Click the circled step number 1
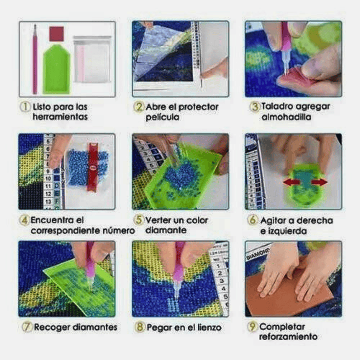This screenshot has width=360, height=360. pos(25,107)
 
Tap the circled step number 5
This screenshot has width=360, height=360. pos(139,220)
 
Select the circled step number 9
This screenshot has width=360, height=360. pos(252,326)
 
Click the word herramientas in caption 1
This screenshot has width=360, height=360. pos(60,117)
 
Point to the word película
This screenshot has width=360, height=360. pos(162,117)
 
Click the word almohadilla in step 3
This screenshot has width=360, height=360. pos(286,117)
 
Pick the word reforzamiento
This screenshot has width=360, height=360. pos(288,336)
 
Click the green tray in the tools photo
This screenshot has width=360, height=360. pos(56,69)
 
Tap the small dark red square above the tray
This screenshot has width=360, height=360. pos(56,34)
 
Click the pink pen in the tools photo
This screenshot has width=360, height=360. pos(35,59)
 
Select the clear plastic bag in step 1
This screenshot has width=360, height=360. pos(92,59)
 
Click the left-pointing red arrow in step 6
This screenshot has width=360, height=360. pos(291,182)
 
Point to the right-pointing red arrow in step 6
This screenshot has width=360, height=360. pos(319,182)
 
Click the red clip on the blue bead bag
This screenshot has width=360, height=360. pos(92,167)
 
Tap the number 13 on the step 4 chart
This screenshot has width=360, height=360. pos(48,202)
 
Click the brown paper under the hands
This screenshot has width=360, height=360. pos(287,291)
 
